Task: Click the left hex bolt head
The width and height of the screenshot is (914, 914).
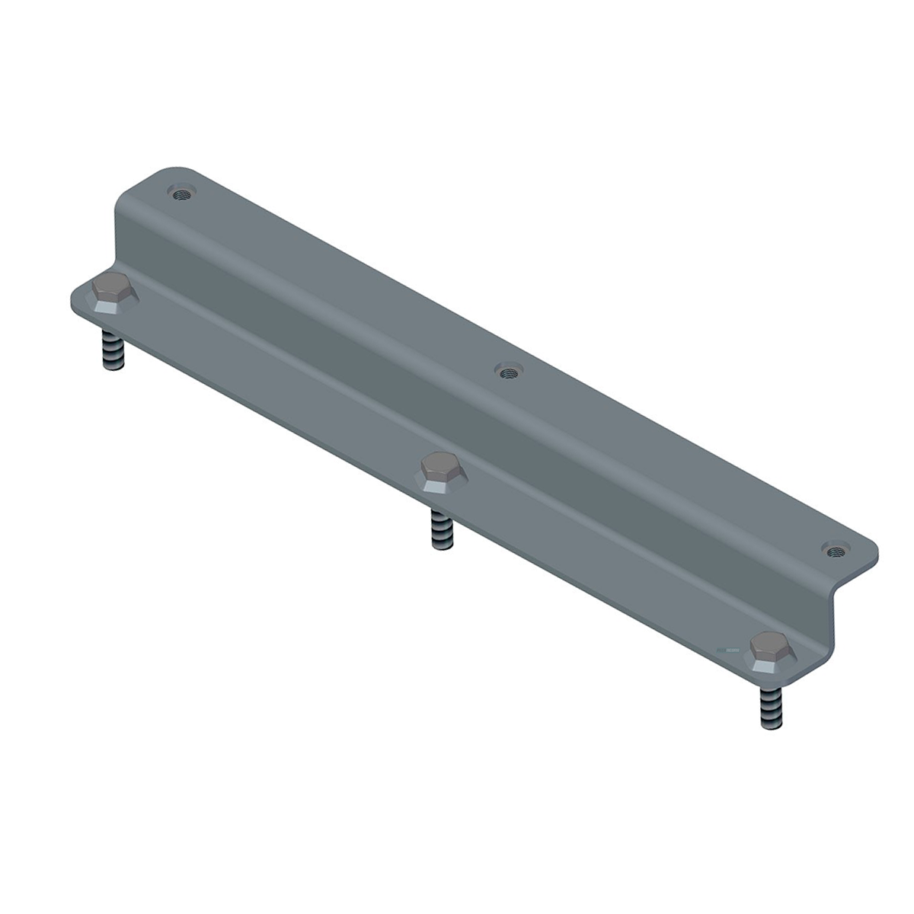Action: [113, 291]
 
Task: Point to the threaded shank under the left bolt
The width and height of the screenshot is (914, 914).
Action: [113, 350]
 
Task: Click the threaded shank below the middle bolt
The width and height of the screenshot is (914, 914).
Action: [442, 529]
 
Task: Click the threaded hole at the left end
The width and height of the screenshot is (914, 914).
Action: [181, 193]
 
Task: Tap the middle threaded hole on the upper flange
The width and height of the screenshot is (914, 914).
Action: [507, 372]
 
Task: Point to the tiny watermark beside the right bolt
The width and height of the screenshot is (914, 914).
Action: [728, 650]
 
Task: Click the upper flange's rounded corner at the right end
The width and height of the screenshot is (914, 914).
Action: [868, 550]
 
